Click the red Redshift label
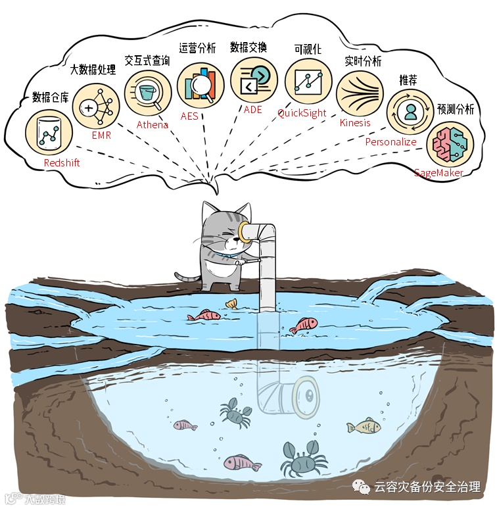pyautogui.click(x=61, y=162)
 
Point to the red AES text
pyautogui.click(x=189, y=116)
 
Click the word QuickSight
pyautogui.click(x=302, y=113)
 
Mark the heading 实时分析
pyautogui.click(x=363, y=61)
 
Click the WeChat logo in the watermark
pyautogui.click(x=361, y=487)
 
